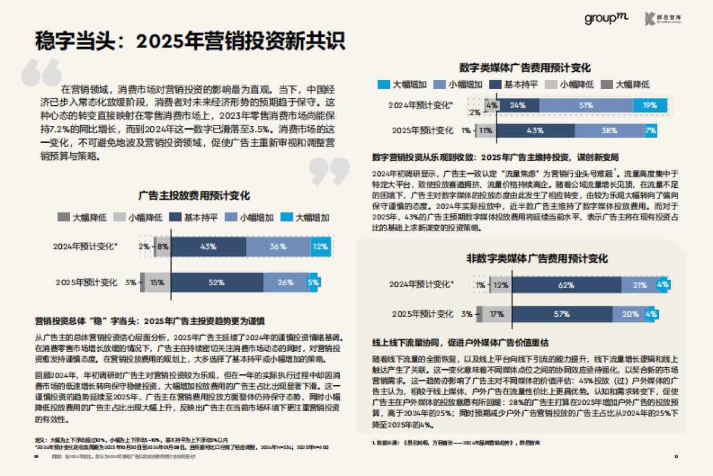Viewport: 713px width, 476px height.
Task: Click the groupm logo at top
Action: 605,19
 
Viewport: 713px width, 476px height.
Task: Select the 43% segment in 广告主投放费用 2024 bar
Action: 208,246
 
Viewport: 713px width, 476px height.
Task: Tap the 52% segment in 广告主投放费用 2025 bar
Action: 216,282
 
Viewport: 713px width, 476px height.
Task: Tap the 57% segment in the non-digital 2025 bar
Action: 561,314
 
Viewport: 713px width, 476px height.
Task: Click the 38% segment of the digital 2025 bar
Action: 609,130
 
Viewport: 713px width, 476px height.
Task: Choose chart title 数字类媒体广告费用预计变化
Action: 525,68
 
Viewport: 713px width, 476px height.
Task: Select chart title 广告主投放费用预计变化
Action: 194,196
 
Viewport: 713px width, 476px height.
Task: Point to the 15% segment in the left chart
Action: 157,282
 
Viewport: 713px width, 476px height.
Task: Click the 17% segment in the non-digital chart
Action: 497,314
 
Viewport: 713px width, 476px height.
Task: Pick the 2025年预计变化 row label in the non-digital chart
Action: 422,314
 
